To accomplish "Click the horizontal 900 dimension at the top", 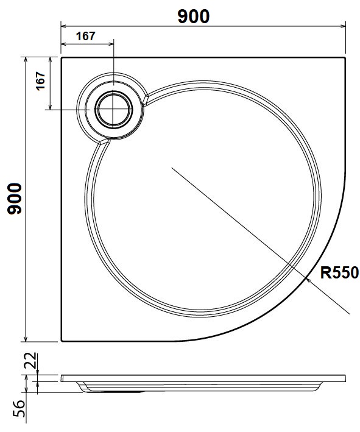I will coord(194,16).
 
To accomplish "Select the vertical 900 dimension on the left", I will coord(15,199).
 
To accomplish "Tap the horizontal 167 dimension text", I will coord(86,36).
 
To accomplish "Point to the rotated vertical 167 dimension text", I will coord(41,81).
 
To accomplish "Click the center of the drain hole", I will coord(113,109).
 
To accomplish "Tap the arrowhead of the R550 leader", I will coord(308,278).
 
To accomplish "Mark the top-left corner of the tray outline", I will coord(62,58).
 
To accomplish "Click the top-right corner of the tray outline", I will coord(345,58).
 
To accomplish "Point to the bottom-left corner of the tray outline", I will coord(62,341).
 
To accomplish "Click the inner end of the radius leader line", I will coord(172,167).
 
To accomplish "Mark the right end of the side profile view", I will coord(345,378).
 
